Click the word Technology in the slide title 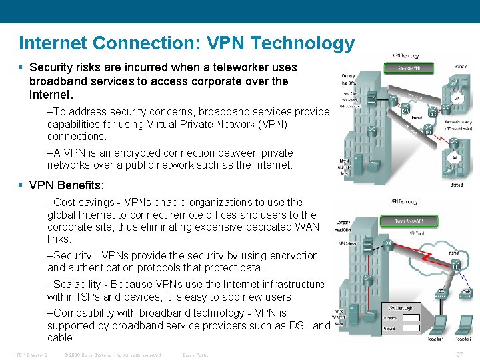tap(304, 43)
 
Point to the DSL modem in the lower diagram tap(441, 291)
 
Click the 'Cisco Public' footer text tap(195, 355)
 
